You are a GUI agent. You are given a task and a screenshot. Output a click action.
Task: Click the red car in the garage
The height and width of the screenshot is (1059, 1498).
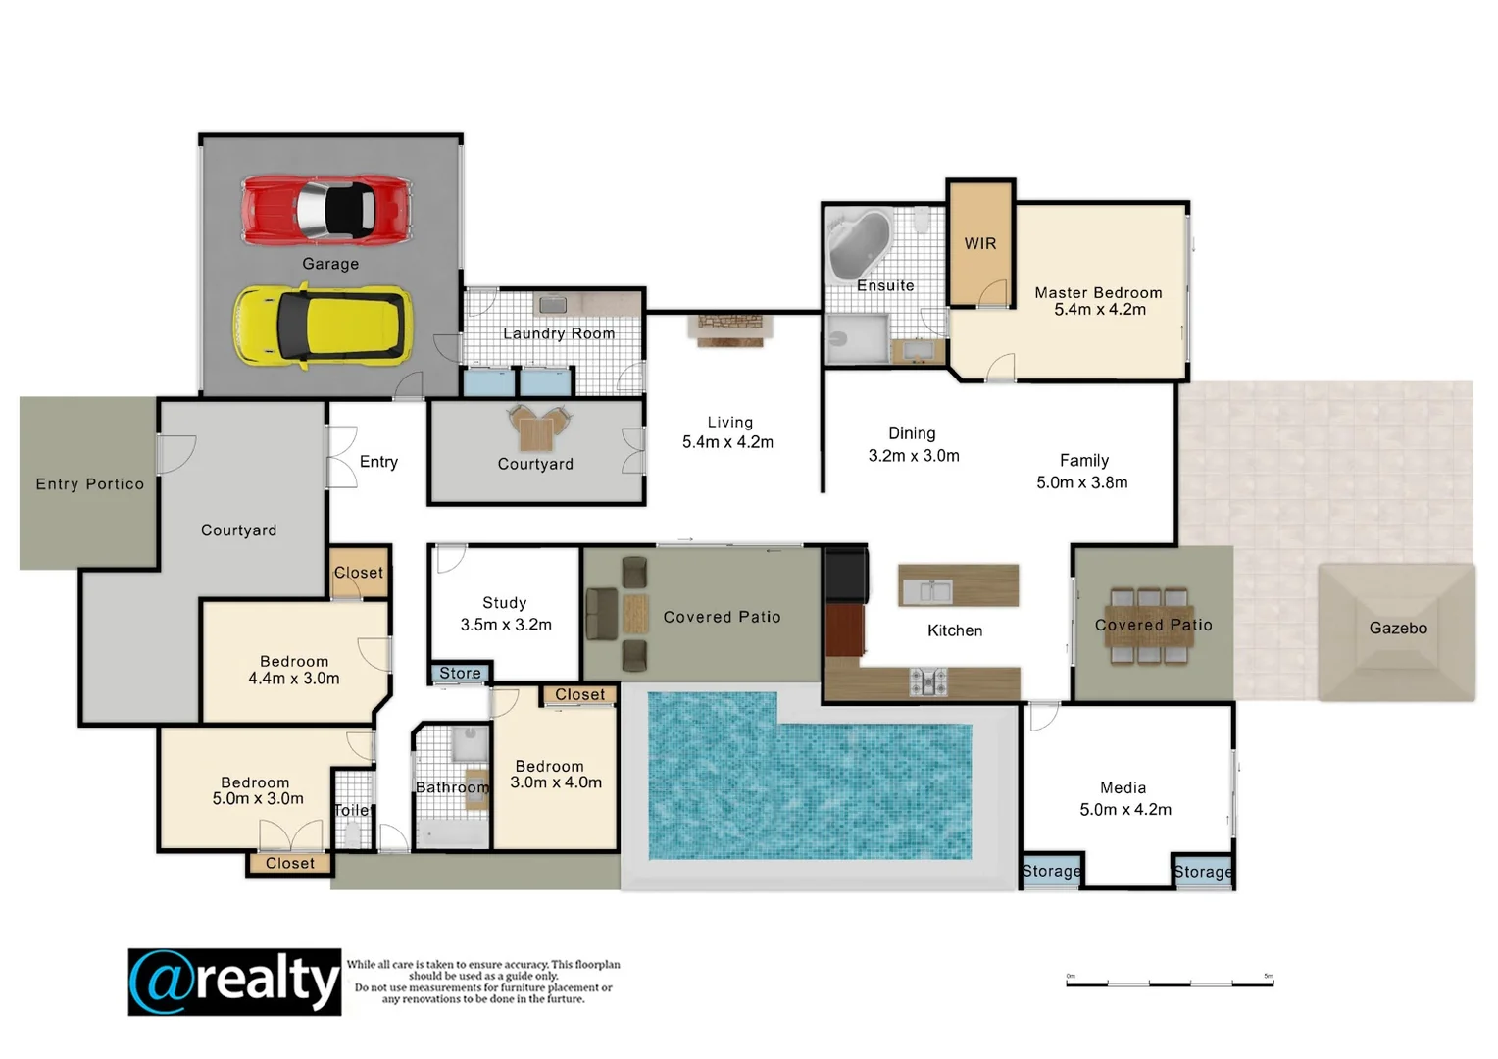[x=326, y=209]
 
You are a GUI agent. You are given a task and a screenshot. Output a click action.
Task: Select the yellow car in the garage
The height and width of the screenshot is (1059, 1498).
[x=323, y=326]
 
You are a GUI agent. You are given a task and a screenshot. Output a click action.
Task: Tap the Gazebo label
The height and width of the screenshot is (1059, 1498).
[x=1397, y=628]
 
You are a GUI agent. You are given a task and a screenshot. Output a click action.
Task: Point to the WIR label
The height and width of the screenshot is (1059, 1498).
[x=979, y=243]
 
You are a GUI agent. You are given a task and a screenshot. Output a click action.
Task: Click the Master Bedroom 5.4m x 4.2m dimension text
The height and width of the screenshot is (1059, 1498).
[x=1099, y=310]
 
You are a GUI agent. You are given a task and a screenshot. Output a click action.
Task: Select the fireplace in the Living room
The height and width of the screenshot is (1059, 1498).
[x=730, y=328]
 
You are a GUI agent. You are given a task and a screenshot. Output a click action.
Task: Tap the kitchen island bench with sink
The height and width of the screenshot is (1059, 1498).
[x=958, y=586]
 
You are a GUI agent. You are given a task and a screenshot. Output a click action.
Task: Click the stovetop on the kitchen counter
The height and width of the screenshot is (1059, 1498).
[x=926, y=681]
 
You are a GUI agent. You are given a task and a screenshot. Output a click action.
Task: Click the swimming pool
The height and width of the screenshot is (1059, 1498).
[x=809, y=780]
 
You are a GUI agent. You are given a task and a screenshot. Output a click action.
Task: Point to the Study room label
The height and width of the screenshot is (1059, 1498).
[x=505, y=603]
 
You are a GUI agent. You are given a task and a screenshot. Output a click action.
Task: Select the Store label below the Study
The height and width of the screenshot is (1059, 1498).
[x=460, y=673]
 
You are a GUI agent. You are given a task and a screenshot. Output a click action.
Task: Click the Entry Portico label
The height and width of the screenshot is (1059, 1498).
[x=89, y=483]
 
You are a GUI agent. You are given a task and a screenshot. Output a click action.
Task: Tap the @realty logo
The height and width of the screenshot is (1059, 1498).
[x=234, y=982]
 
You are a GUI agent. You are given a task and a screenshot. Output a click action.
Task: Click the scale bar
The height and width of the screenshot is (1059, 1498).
[x=1169, y=982]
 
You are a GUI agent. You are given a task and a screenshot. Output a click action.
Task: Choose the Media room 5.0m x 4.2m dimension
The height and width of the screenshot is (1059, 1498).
[x=1124, y=810]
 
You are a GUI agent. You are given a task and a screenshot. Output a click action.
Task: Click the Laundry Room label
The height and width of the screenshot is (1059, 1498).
[x=559, y=333]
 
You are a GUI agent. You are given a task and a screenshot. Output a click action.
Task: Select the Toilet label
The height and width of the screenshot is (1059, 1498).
[x=352, y=810]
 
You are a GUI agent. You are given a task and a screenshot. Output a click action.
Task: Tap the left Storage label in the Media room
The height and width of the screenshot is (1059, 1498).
[x=1051, y=871]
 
